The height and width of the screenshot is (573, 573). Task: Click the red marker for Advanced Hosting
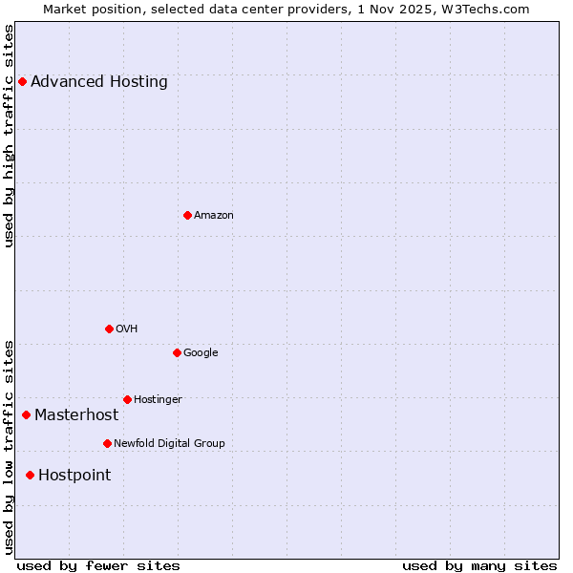pos(22,82)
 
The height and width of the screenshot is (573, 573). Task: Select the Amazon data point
pos(187,215)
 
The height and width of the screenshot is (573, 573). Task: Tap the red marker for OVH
pos(109,329)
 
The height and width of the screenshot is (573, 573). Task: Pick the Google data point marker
pos(177,352)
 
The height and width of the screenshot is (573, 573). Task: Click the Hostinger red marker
pos(127,399)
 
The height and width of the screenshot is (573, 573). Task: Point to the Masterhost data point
pos(26,414)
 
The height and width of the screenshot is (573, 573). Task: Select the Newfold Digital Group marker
pos(107,443)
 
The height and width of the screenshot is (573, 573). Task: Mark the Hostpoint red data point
pos(30,475)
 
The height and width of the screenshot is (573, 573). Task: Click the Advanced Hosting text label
pos(99,82)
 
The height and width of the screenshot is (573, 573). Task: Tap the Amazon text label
pos(214,215)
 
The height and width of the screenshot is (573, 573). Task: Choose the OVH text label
pos(127,329)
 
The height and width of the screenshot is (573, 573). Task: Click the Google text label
pos(201,352)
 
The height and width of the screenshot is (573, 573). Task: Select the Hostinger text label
pos(158,399)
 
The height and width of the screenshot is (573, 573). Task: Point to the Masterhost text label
pos(76,414)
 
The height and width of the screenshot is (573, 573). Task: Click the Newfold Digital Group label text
pos(169,443)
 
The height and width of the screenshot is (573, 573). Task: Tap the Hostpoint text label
pos(74,475)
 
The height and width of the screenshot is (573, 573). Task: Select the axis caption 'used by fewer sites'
pos(98,565)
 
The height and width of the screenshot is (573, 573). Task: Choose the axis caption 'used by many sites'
pos(479,565)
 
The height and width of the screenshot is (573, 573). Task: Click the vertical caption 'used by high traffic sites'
pos(10,136)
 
